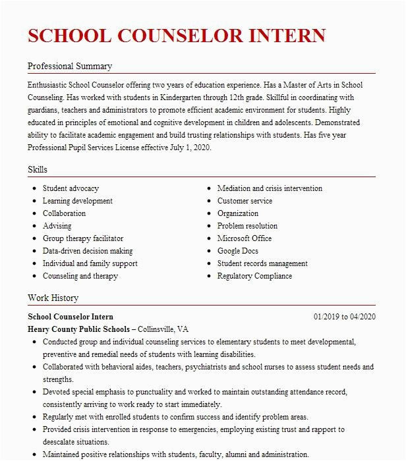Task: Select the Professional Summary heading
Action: (70, 66)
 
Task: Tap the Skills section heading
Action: (38, 170)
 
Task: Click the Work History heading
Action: (53, 298)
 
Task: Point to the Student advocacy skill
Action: (71, 188)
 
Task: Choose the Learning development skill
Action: (78, 201)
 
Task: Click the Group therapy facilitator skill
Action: (83, 238)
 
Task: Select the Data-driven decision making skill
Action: (88, 251)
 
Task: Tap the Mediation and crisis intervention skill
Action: (270, 188)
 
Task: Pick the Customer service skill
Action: (245, 201)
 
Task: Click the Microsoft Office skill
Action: (245, 238)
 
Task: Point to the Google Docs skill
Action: (238, 251)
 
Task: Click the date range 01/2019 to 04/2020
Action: (344, 317)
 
